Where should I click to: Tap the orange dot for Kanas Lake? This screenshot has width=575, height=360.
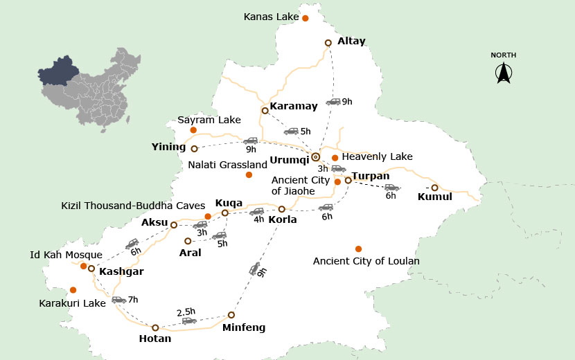click(x=305, y=18)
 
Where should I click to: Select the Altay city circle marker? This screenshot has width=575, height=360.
click(x=328, y=43)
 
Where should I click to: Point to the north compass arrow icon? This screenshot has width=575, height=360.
click(x=503, y=73)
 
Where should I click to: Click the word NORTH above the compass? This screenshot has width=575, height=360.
click(x=503, y=55)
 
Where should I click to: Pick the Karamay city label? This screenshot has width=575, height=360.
click(x=293, y=106)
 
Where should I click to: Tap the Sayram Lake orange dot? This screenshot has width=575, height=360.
click(x=193, y=130)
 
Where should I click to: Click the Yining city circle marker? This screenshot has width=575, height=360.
click(x=194, y=148)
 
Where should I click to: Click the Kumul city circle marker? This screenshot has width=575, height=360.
click(x=434, y=188)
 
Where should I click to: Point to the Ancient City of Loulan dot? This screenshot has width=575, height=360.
click(x=358, y=249)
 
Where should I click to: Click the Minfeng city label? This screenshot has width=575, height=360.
click(x=243, y=327)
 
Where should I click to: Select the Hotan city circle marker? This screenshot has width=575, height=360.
click(x=155, y=327)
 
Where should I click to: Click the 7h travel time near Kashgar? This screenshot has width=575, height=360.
click(x=133, y=300)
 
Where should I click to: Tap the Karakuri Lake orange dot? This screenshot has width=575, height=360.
click(x=73, y=289)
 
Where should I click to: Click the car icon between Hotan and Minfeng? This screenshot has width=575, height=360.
click(x=188, y=321)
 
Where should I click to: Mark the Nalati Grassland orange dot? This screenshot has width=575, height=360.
click(x=249, y=174)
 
